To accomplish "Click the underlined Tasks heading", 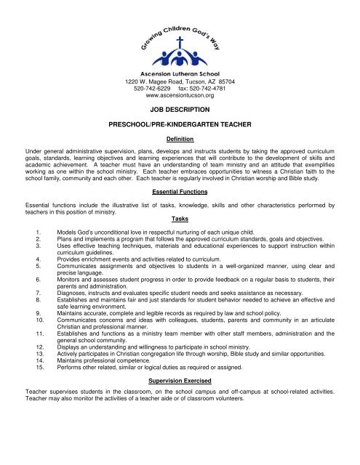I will pyautogui.click(x=179, y=219).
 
